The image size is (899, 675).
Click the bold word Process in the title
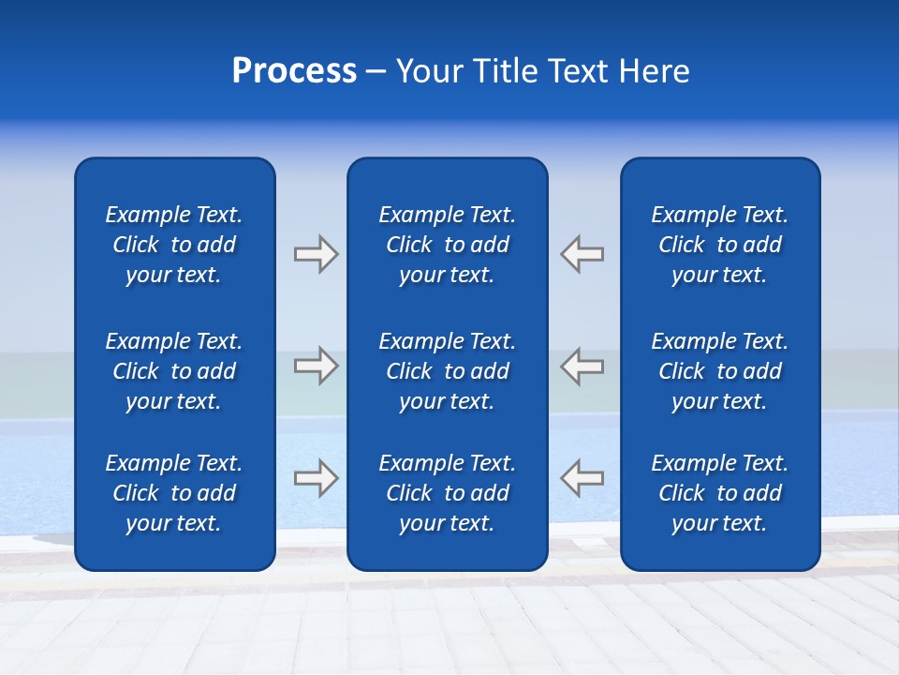(x=294, y=71)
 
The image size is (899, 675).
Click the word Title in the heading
(x=505, y=71)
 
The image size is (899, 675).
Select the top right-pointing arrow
(x=316, y=254)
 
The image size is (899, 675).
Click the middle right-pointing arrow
(x=316, y=366)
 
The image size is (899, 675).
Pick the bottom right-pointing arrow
(x=316, y=477)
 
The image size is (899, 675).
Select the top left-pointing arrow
(x=582, y=254)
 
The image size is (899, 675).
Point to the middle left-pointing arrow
(x=582, y=366)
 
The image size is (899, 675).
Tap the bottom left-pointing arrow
(x=582, y=477)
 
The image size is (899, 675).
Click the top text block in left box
(x=174, y=245)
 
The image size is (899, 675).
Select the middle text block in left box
(x=174, y=371)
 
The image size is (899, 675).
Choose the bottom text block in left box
(x=174, y=493)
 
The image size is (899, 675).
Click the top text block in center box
(x=447, y=245)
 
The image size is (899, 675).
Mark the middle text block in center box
(x=447, y=371)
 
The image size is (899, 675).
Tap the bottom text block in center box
(x=447, y=493)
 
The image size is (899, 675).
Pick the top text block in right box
(x=719, y=245)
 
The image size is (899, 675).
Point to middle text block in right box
(x=719, y=371)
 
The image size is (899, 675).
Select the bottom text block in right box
(x=719, y=493)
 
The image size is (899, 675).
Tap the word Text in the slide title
(x=580, y=71)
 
